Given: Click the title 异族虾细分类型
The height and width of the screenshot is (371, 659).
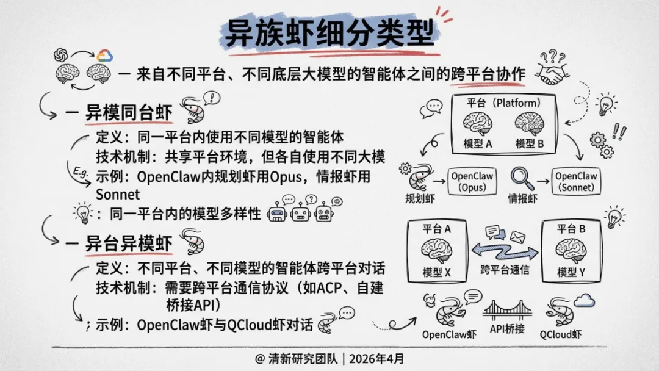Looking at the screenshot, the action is click(x=329, y=34).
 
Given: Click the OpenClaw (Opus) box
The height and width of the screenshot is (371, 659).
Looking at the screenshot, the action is click(x=472, y=181).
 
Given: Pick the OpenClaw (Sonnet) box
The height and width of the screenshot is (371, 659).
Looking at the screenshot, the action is click(x=575, y=181).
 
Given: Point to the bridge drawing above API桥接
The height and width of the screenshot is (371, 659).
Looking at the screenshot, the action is click(x=507, y=311).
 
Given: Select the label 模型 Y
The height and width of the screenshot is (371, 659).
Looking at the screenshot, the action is click(x=572, y=273).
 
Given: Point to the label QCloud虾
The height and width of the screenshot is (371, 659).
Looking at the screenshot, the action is click(x=560, y=334).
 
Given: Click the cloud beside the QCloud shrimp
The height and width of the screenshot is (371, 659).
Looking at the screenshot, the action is click(x=584, y=299).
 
